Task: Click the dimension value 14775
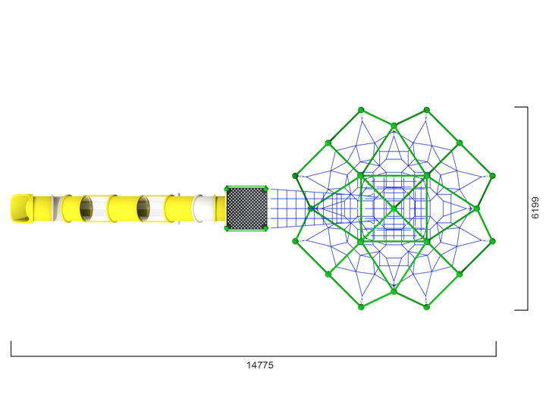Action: point(259,365)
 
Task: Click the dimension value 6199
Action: point(535,208)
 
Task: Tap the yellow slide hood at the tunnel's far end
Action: point(22,209)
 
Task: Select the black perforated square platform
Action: point(246,208)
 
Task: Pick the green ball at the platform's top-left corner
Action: point(227,189)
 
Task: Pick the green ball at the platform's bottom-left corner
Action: point(227,228)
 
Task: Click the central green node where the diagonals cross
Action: point(394,208)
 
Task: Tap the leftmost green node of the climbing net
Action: point(311,208)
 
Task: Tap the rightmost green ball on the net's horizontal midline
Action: point(477,208)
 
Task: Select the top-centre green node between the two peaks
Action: point(394,126)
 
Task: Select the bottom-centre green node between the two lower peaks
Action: point(394,291)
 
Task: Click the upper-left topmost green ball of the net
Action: point(362,110)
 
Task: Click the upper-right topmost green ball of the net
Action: point(426,110)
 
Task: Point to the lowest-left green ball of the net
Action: point(362,307)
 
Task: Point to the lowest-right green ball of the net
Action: point(426,307)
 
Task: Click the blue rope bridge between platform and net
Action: point(288,208)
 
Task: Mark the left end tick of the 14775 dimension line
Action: point(11,349)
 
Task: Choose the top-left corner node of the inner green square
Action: point(361,176)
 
